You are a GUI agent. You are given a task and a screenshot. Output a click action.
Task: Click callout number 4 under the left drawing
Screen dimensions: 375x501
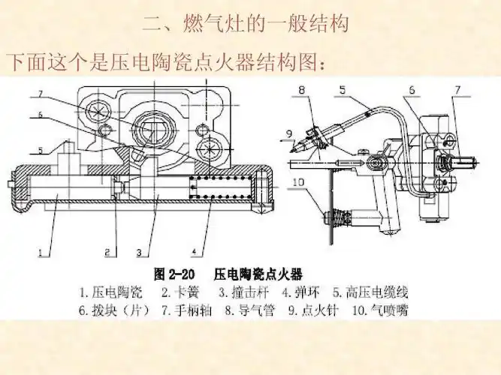pos(195,250)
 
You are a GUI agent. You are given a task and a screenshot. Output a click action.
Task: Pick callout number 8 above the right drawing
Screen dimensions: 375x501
pos(301,91)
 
